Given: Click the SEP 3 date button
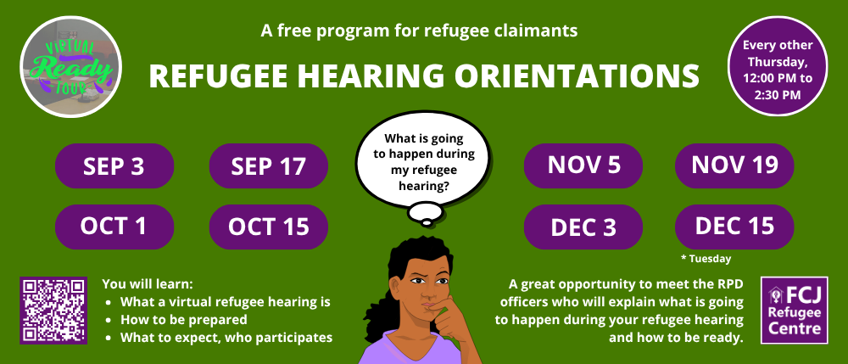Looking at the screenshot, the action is point(114,166).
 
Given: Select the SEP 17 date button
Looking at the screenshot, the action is point(268,166).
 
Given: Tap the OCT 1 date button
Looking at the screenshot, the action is point(114,227).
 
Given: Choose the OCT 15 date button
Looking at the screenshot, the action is point(268,227).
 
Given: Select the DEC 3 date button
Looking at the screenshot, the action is point(583,227).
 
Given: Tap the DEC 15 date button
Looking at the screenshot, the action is point(734,227).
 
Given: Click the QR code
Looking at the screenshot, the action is point(53,311).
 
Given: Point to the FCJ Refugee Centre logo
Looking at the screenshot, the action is point(795,311).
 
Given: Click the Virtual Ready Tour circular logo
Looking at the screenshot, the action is point(71,66).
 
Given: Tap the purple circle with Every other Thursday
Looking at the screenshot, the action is point(778,66).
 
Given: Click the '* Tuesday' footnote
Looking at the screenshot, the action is point(706,259).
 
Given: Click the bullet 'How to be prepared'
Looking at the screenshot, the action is point(184,319).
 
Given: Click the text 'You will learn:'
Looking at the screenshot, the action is point(148,283).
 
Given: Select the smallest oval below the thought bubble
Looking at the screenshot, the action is point(427,222).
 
